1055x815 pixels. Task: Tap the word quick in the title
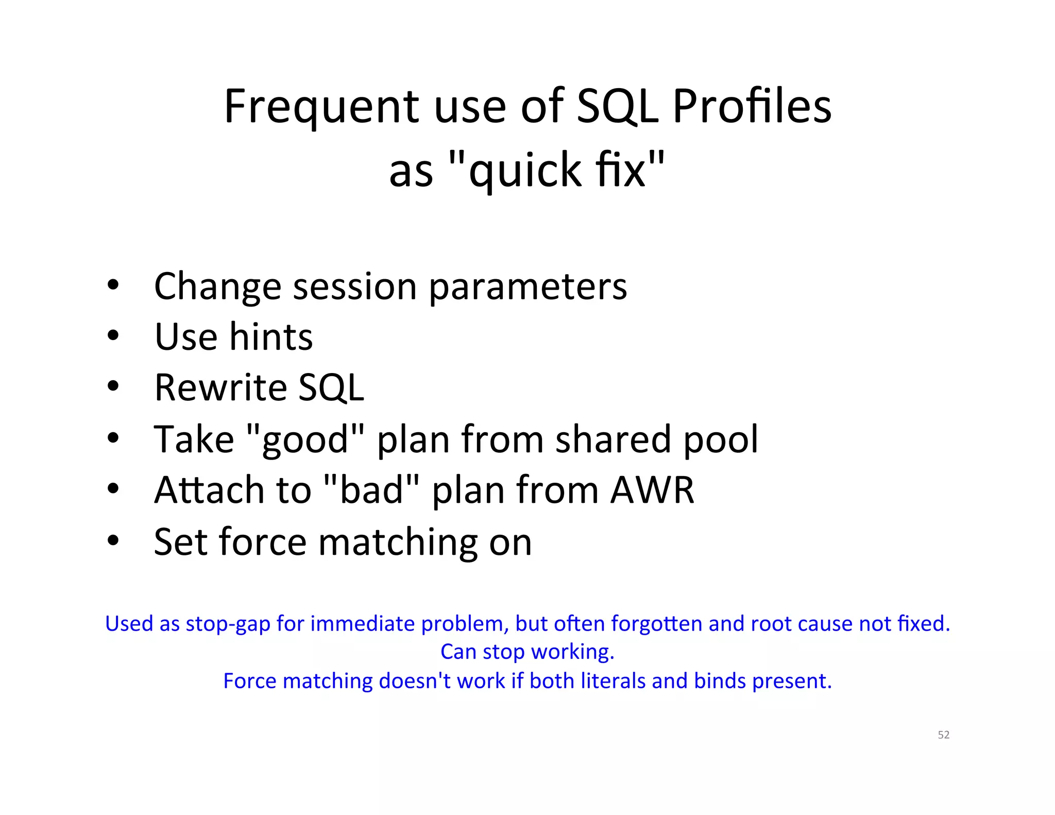click(x=525, y=171)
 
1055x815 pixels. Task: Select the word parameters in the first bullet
click(x=527, y=286)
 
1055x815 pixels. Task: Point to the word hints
click(x=271, y=336)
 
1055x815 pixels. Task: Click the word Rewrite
click(x=220, y=387)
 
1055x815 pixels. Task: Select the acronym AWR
click(x=652, y=489)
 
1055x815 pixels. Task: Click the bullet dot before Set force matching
click(x=113, y=541)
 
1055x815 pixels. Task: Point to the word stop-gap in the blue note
click(x=228, y=624)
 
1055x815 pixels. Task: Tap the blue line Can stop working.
click(x=527, y=652)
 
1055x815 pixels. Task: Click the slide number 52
click(x=943, y=735)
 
